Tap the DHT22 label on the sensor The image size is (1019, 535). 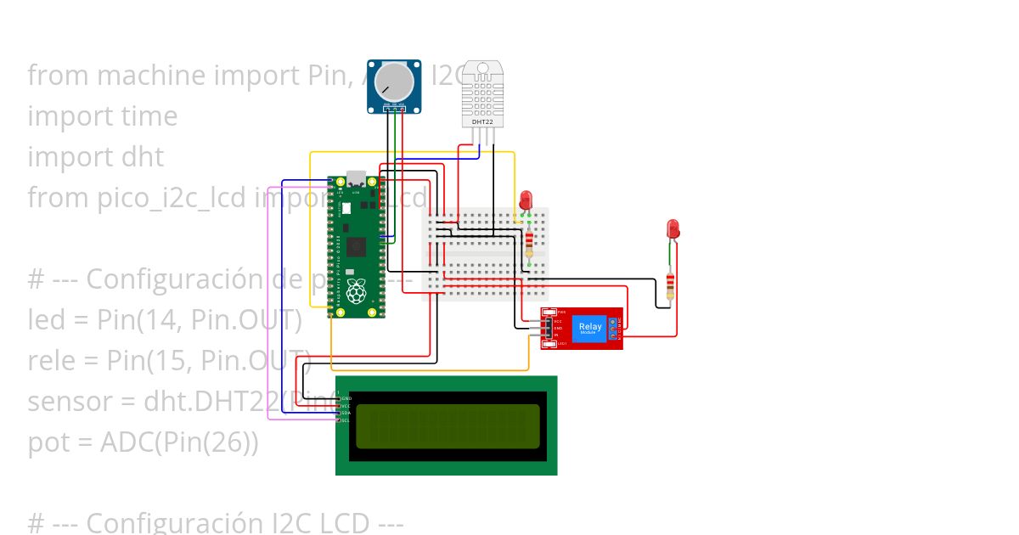tap(482, 122)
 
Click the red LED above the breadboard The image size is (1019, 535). tap(526, 200)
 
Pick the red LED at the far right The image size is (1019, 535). tap(673, 228)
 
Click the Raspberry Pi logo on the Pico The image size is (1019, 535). tap(355, 291)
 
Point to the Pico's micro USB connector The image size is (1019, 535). tap(356, 180)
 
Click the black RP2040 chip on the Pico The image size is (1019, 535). tap(356, 248)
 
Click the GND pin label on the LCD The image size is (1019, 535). tap(346, 398)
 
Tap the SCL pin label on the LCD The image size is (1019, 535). tap(346, 420)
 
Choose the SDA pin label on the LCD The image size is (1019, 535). tap(346, 413)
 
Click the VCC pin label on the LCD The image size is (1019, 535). tap(346, 406)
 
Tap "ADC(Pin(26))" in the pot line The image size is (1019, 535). tap(179, 442)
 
